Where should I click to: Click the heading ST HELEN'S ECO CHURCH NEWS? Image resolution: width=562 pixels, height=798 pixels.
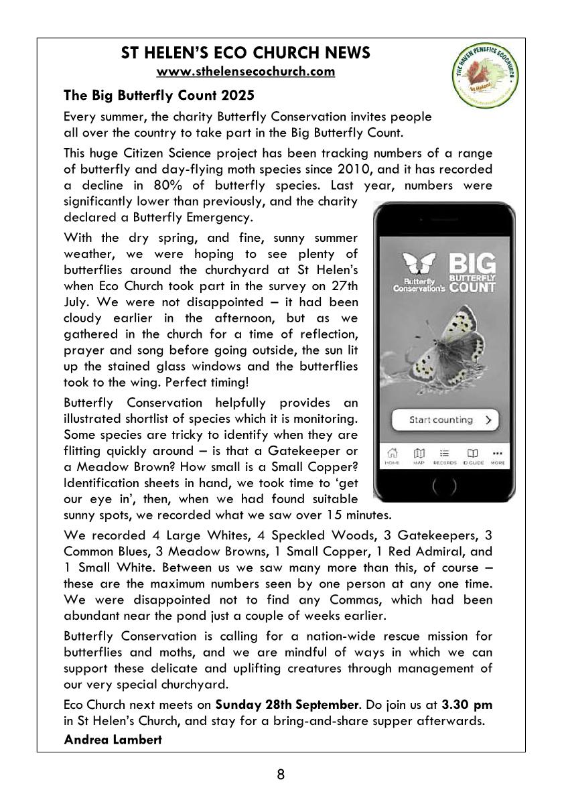click(245, 53)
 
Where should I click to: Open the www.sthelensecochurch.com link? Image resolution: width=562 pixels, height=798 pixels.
click(245, 71)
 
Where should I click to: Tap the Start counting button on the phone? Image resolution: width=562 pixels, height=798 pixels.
click(445, 420)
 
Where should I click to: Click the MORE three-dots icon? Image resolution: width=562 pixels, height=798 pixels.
click(497, 456)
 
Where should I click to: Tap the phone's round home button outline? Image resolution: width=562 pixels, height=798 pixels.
click(444, 486)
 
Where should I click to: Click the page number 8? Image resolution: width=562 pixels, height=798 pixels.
click(281, 775)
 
